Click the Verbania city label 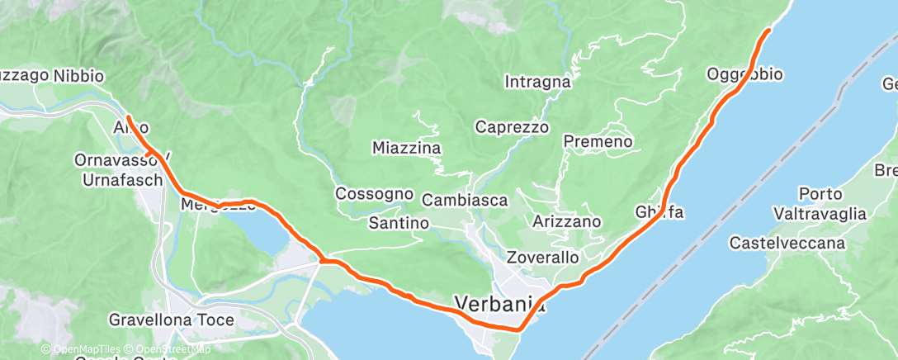tap(499, 303)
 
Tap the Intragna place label tap(537, 82)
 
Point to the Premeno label tap(598, 142)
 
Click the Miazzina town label tap(407, 148)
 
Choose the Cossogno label tap(374, 193)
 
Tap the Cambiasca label tap(465, 200)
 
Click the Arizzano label tap(567, 222)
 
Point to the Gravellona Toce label tap(172, 319)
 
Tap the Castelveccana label tap(787, 243)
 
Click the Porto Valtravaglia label tap(820, 204)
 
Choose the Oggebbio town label tap(744, 74)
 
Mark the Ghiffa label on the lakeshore tap(659, 211)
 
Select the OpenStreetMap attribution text tap(169, 349)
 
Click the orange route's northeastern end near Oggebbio tap(768, 31)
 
